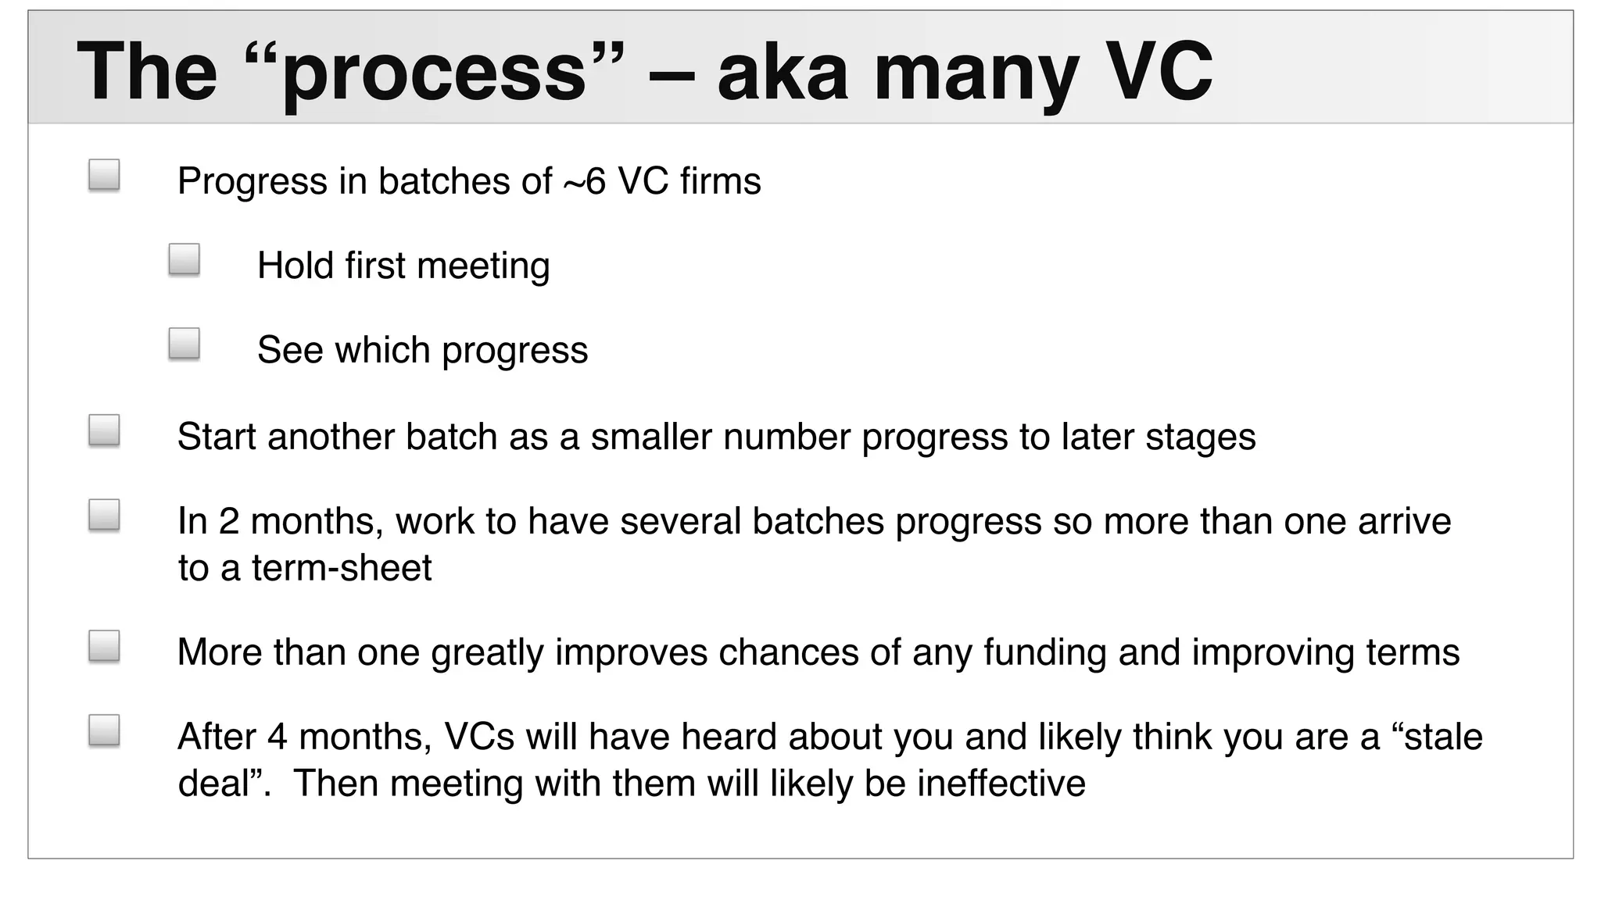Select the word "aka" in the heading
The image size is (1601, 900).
click(782, 72)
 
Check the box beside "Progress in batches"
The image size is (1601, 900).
click(104, 175)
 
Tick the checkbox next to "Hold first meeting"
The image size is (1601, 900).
click(184, 259)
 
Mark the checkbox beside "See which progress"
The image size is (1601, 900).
click(184, 344)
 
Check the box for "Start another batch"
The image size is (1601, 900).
click(104, 430)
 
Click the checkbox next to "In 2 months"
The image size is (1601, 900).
click(104, 515)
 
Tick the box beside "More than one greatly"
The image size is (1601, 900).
click(104, 646)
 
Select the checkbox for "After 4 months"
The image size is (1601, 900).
click(104, 730)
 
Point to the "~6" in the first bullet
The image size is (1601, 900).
click(585, 181)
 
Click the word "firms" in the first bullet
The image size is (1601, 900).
click(720, 181)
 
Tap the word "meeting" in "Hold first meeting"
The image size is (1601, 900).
click(483, 266)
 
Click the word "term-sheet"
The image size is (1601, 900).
click(341, 568)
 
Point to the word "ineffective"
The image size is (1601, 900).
click(1001, 784)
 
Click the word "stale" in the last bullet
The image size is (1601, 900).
click(1443, 737)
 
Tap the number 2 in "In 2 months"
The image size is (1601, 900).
click(228, 521)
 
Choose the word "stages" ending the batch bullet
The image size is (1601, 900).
click(1201, 437)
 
